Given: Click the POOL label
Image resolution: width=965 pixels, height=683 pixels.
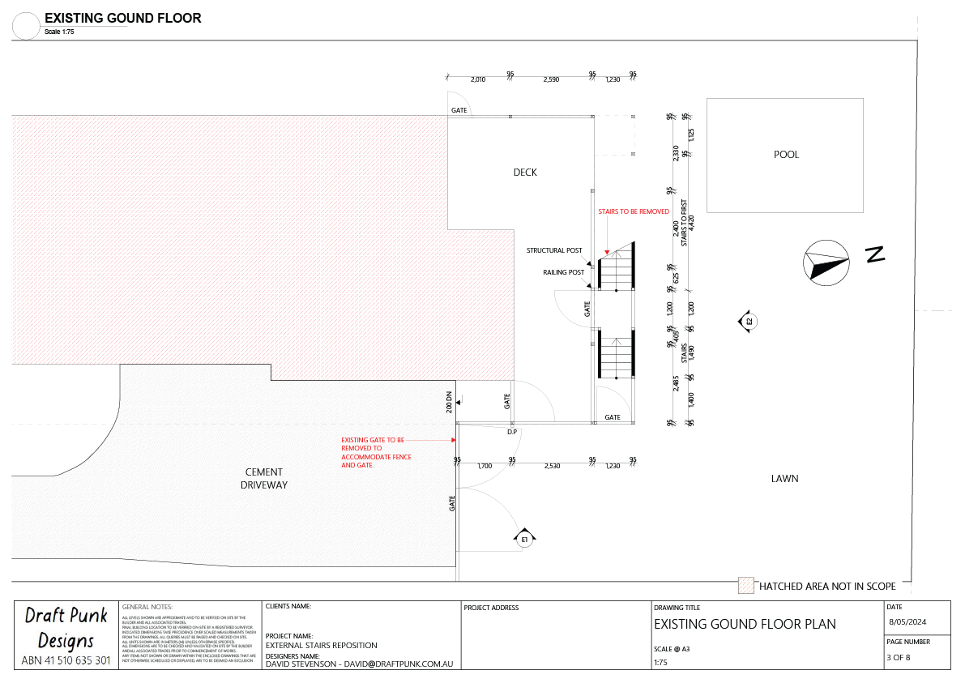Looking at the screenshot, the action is click(786, 154).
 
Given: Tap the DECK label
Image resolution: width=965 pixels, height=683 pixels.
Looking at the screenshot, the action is click(525, 172).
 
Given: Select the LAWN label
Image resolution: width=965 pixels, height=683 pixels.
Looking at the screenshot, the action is click(784, 479).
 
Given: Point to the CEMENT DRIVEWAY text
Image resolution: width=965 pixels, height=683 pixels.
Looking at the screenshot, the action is click(264, 479).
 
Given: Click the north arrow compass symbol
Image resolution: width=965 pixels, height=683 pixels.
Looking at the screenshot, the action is click(826, 261).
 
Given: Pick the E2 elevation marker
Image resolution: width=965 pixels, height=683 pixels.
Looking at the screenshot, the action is click(748, 322).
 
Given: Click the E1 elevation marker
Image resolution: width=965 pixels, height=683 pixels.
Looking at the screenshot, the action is click(523, 538).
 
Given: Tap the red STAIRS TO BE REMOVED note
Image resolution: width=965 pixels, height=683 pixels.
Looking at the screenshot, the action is click(634, 211).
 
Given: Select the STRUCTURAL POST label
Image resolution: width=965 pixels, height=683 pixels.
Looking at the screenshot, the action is click(554, 250).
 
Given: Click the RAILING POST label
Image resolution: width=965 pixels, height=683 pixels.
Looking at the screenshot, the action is click(563, 273).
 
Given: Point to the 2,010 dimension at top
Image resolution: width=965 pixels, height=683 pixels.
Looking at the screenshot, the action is click(478, 79).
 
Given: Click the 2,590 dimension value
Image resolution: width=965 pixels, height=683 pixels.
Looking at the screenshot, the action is click(551, 79).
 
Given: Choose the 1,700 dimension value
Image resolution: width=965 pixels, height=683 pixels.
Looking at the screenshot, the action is click(485, 466).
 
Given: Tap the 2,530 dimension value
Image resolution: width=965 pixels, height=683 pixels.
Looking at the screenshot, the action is click(552, 466).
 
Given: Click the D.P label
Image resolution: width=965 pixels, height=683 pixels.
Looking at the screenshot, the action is click(512, 432).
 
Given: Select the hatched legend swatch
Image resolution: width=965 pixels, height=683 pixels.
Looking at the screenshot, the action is click(745, 585).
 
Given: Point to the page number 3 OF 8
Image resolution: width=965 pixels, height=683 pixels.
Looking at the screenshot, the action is click(899, 657).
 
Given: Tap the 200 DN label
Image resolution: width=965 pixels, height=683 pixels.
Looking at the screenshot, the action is click(449, 402).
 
